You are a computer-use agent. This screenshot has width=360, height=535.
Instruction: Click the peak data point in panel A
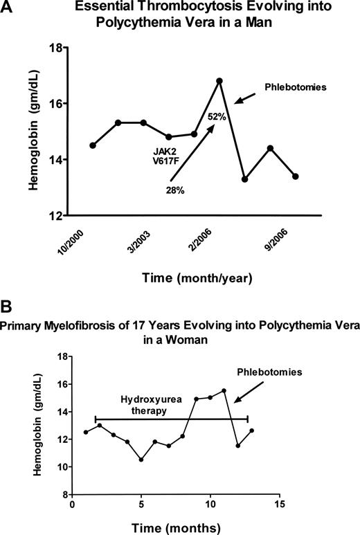(x=219, y=81)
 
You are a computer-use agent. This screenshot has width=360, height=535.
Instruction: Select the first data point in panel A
(x=93, y=145)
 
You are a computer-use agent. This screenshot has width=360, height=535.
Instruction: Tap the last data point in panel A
(x=296, y=176)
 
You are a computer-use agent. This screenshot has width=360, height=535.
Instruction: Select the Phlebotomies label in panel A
(x=291, y=88)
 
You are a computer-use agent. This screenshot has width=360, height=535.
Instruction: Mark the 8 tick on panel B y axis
(x=65, y=495)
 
